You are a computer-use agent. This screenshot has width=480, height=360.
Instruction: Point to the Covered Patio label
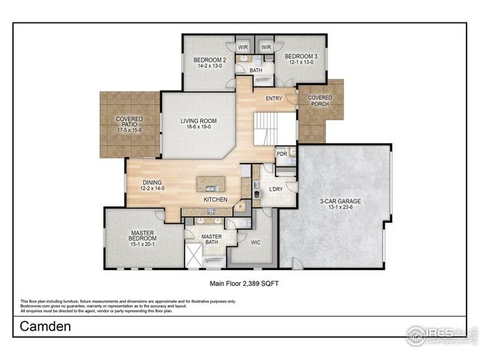(x=129, y=124)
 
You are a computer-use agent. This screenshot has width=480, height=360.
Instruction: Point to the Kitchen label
(x=216, y=200)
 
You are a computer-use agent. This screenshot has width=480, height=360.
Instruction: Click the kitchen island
(x=211, y=184)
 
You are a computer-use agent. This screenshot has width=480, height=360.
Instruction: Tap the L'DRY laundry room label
(x=274, y=190)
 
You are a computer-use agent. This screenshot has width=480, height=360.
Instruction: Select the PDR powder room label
(x=282, y=154)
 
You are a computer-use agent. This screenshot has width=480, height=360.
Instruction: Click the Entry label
(x=265, y=97)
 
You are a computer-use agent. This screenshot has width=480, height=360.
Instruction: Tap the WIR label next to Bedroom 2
(x=242, y=46)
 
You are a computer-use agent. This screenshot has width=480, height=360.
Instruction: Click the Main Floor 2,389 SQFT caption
(x=240, y=285)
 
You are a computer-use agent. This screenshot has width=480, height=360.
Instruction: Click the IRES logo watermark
(x=441, y=334)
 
